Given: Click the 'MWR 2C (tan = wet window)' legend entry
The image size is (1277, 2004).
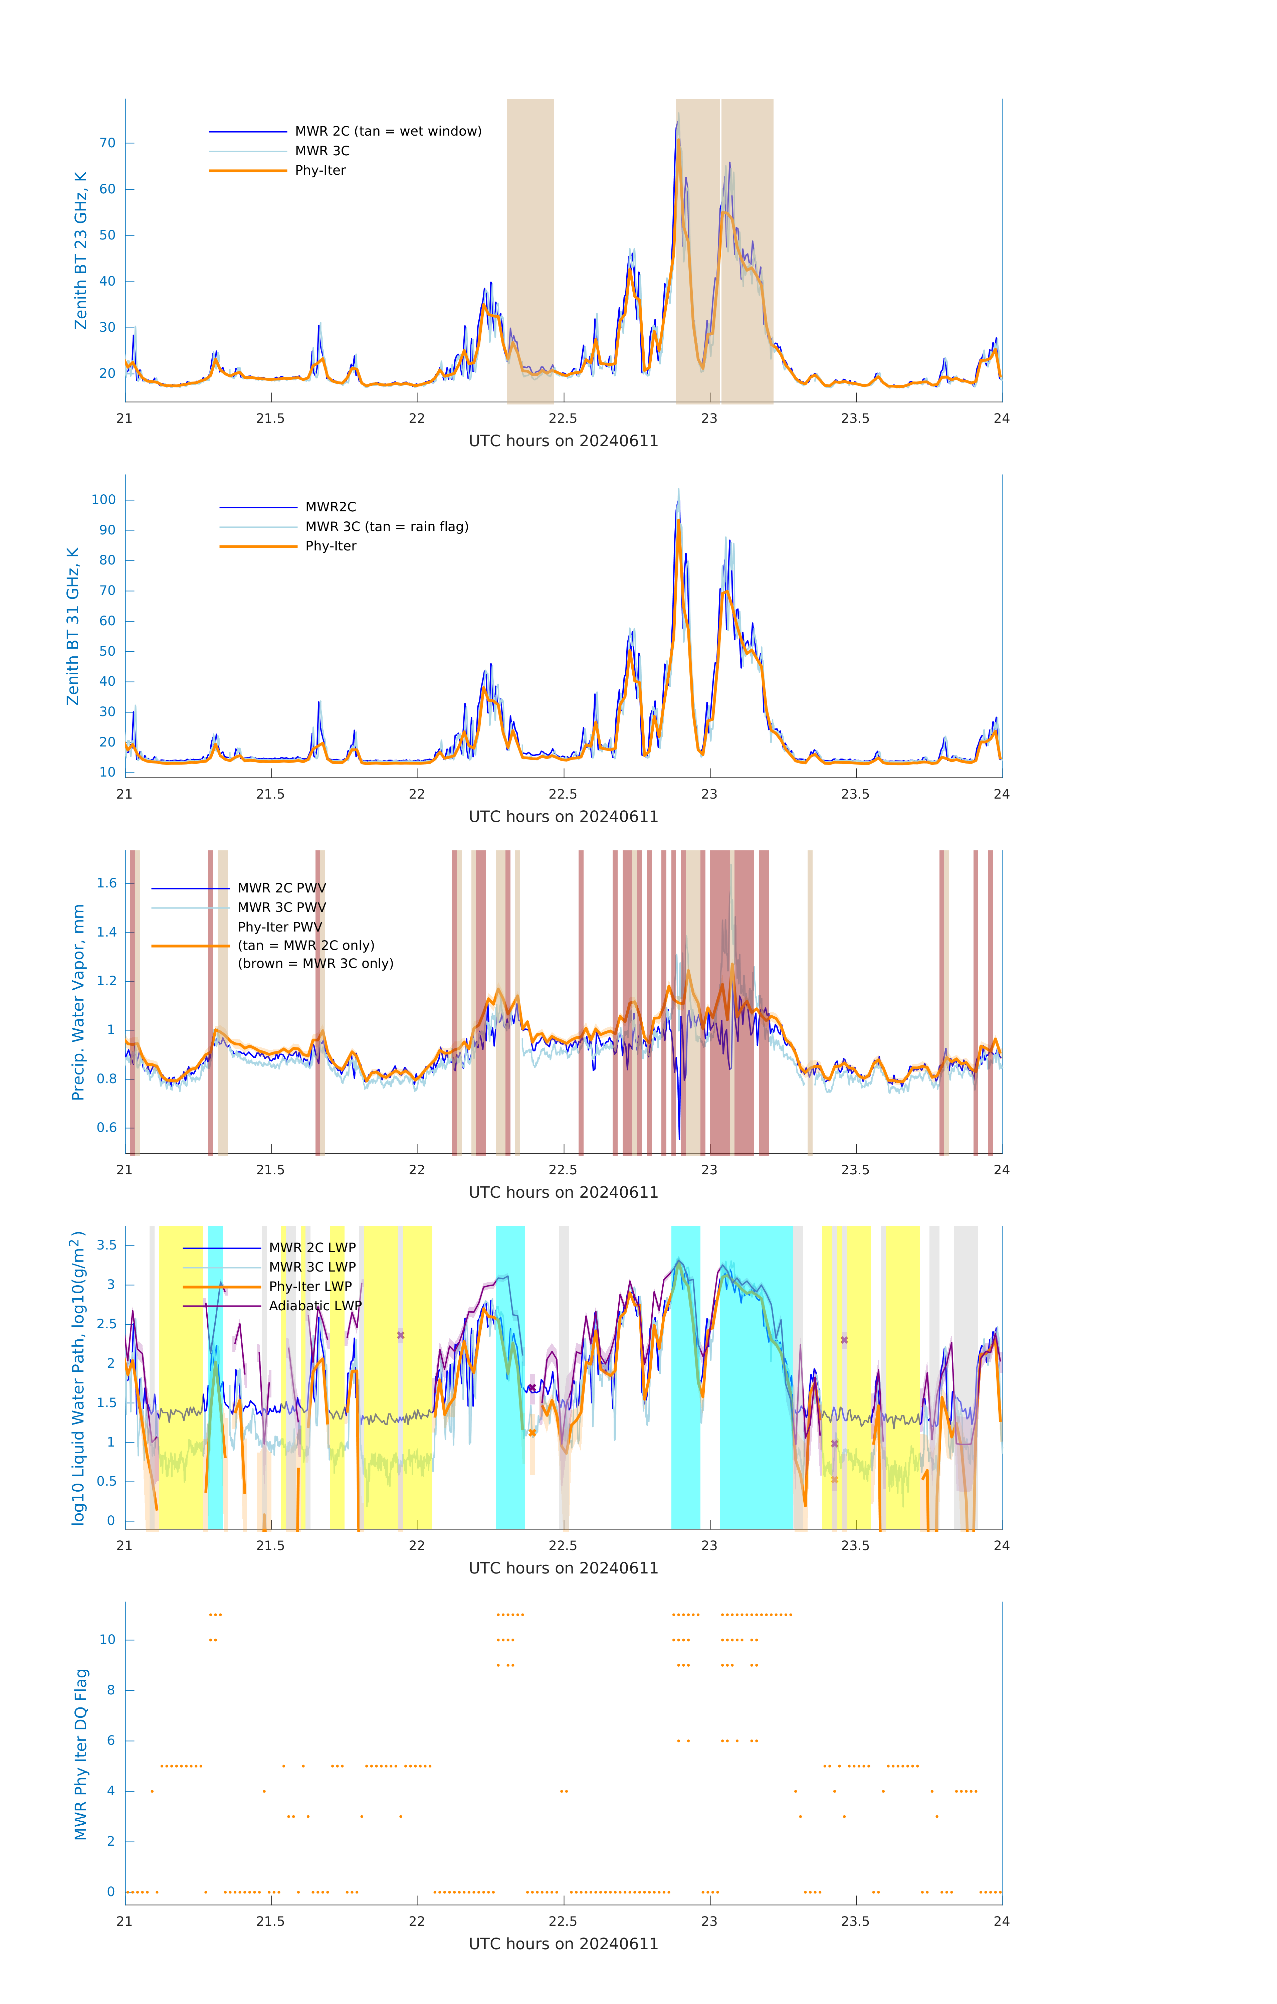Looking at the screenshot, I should [388, 132].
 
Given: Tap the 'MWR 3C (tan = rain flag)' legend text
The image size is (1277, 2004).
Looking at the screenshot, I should [387, 527].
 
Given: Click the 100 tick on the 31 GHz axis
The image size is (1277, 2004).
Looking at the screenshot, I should [104, 500].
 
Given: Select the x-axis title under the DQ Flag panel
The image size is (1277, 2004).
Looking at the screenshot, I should [563, 1944].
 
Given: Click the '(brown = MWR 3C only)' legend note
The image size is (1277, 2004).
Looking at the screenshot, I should [315, 964].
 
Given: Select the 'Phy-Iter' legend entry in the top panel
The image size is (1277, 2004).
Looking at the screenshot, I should [320, 171].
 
